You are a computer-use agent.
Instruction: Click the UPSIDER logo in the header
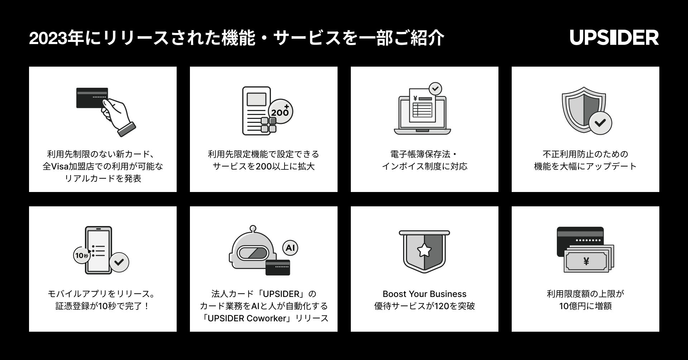pyautogui.click(x=614, y=38)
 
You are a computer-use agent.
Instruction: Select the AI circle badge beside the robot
pyautogui.click(x=290, y=248)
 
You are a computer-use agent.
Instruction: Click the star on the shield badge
pyautogui.click(x=424, y=250)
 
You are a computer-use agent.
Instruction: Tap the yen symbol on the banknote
pyautogui.click(x=586, y=261)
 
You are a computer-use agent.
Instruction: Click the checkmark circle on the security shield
pyautogui.click(x=600, y=123)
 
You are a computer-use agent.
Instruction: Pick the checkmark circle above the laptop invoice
pyautogui.click(x=435, y=88)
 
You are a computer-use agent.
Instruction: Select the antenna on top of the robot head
pyautogui.click(x=253, y=228)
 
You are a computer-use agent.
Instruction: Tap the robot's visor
pyautogui.click(x=253, y=253)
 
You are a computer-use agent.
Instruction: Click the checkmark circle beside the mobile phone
pyautogui.click(x=119, y=262)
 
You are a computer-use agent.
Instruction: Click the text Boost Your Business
pyautogui.click(x=424, y=294)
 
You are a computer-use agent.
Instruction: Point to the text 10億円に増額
pyautogui.click(x=585, y=306)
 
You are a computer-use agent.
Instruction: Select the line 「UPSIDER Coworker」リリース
pyautogui.click(x=264, y=318)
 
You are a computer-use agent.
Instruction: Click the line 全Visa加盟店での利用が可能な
pyautogui.click(x=103, y=167)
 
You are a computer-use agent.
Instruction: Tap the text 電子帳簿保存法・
pyautogui.click(x=424, y=154)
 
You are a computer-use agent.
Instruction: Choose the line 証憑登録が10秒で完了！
pyautogui.click(x=103, y=306)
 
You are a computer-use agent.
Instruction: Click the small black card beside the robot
pyautogui.click(x=278, y=267)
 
